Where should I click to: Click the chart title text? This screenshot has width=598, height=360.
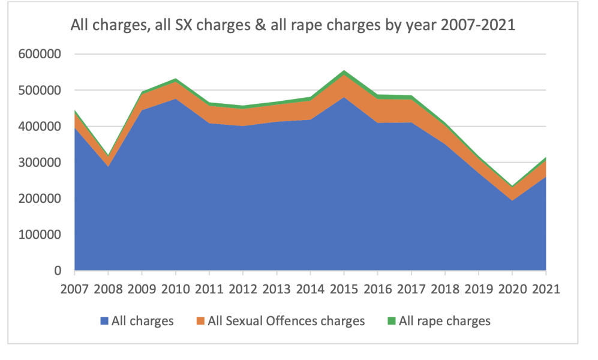[x=293, y=26]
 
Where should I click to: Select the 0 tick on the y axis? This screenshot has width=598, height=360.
[x=58, y=271]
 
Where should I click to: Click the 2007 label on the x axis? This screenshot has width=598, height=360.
[x=76, y=289]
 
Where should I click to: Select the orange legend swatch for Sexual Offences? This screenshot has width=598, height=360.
[x=199, y=321]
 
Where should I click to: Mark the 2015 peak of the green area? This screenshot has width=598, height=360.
[x=344, y=71]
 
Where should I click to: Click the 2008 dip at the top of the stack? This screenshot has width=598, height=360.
[x=109, y=156]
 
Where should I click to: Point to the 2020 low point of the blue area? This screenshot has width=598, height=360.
[x=512, y=200]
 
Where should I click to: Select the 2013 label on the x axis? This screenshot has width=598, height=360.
[x=277, y=289]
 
